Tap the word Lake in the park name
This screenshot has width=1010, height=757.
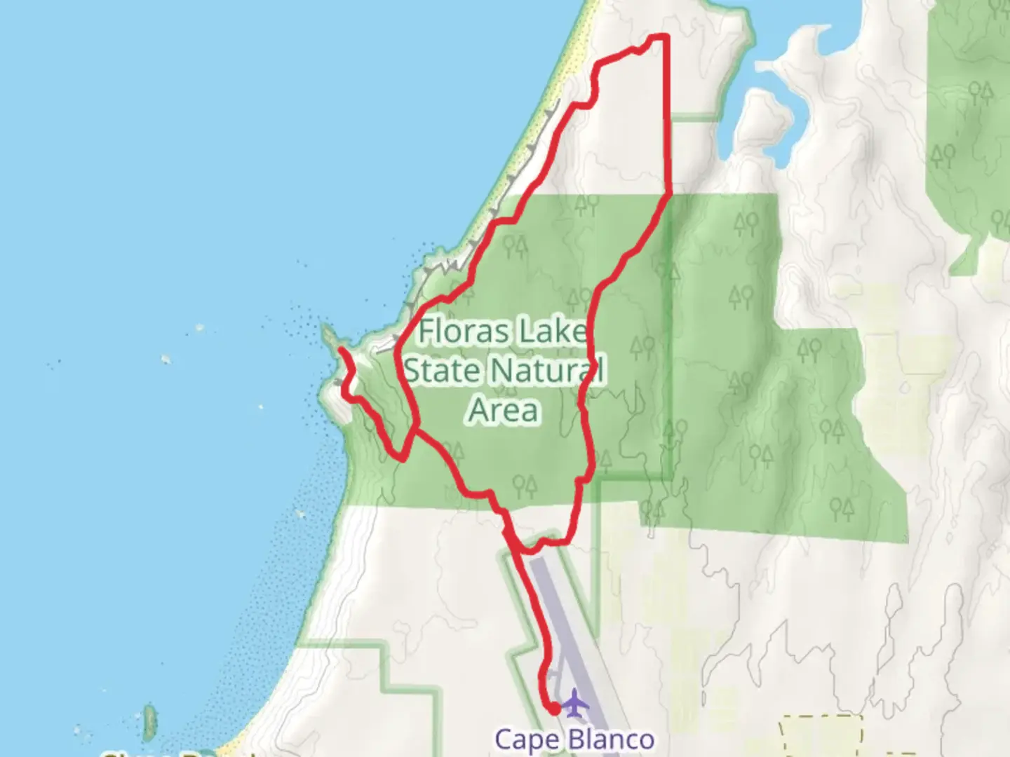click(553, 331)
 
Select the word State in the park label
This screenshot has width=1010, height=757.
click(440, 370)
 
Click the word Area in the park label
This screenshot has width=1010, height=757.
click(503, 410)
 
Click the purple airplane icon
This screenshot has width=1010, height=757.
click(574, 702)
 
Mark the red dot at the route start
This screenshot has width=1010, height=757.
click(554, 709)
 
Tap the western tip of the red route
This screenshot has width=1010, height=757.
click(341, 349)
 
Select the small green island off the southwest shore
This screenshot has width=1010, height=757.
click(149, 722)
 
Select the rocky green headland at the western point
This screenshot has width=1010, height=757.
click(330, 336)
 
